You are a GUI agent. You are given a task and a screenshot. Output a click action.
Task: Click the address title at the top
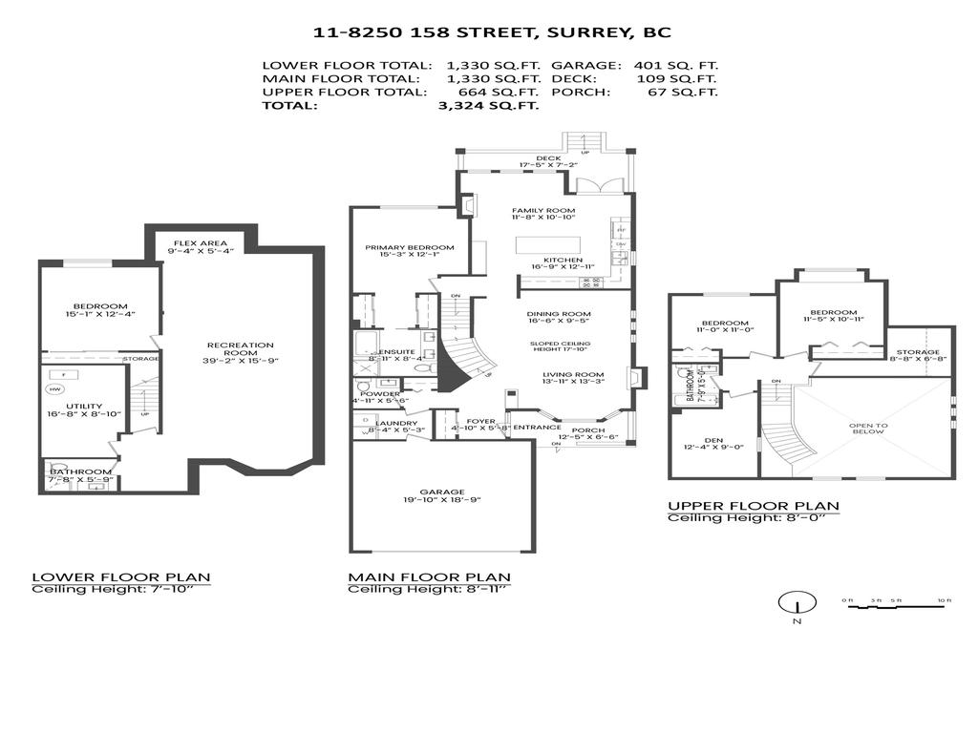coord(492,32)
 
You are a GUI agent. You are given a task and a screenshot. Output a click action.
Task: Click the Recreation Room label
coord(242,351)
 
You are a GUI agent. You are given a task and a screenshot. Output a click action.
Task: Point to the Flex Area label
coord(200,243)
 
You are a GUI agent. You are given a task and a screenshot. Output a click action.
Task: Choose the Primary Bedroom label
coord(410,247)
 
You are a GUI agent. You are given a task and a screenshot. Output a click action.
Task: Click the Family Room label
coord(543,210)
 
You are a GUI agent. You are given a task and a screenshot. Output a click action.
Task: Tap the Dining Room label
coord(559,314)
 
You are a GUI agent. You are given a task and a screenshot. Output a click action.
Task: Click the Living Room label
coord(573,374)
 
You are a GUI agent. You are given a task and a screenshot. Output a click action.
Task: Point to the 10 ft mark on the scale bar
coord(942,600)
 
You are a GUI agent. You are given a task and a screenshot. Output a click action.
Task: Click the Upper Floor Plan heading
coord(754,506)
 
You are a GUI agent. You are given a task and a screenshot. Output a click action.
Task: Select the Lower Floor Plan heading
coord(121,577)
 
